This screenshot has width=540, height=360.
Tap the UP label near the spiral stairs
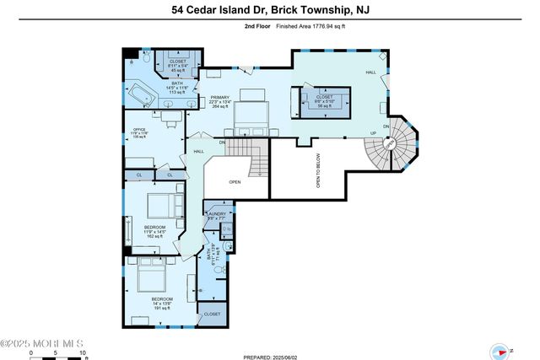pos(374,132)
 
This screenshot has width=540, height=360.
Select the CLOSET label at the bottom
pos(211,314)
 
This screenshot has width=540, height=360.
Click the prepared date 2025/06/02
pos(287,355)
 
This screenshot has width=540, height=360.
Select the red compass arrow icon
pos(501,352)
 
